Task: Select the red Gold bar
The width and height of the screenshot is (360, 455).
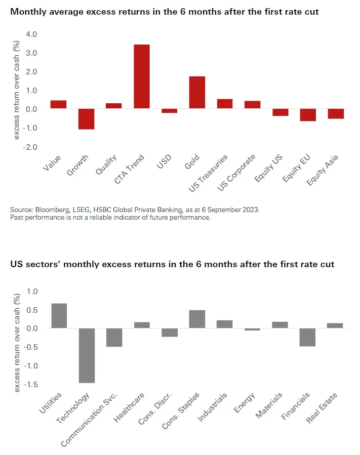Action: point(197,92)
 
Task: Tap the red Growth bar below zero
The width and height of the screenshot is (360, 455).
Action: point(86,119)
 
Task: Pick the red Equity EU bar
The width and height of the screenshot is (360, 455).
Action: point(307,115)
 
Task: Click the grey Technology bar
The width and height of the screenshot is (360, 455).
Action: point(87,355)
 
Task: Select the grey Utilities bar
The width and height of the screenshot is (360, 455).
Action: point(59,316)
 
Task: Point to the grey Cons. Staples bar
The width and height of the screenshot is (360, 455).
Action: point(197,319)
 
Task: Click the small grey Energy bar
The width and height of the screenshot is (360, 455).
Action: point(252,329)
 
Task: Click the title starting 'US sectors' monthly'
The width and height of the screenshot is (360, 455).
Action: point(172,264)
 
